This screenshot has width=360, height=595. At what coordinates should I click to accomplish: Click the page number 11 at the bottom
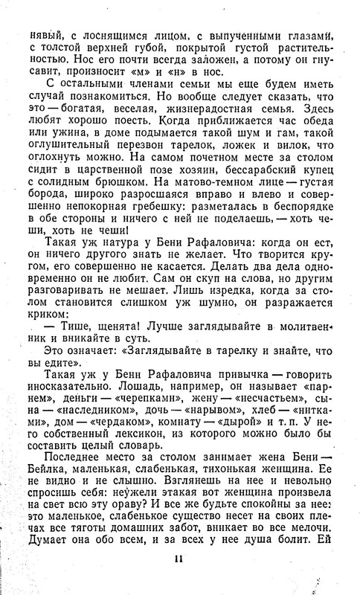179,560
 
